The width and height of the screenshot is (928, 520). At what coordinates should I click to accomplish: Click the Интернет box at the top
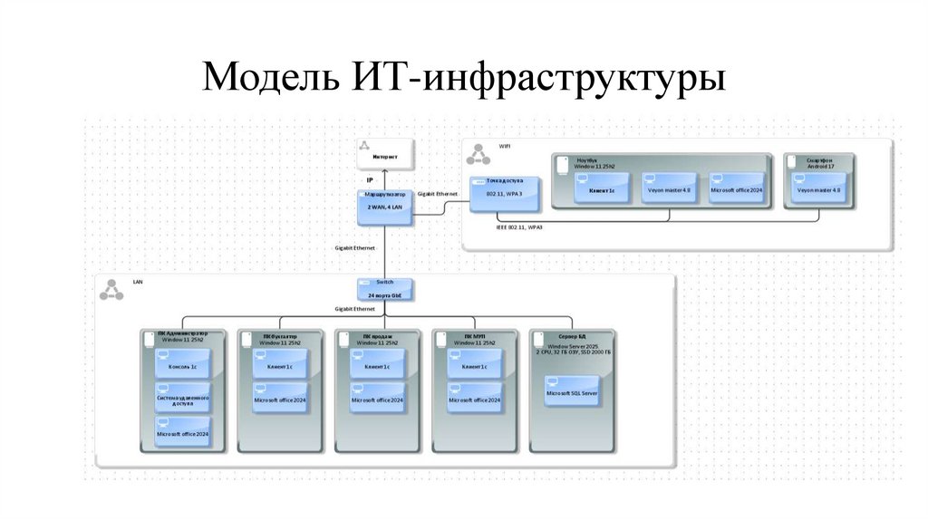pyautogui.click(x=384, y=155)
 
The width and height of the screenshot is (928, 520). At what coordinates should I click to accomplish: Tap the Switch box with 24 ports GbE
pyautogui.click(x=384, y=289)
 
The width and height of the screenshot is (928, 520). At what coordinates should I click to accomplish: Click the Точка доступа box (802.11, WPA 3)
pyautogui.click(x=505, y=192)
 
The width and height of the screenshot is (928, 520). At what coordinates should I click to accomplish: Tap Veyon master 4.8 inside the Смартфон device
pyautogui.click(x=818, y=189)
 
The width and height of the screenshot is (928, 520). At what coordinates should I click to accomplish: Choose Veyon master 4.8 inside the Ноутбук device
pyautogui.click(x=668, y=189)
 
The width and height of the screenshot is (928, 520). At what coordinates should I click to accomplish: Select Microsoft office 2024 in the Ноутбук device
pyautogui.click(x=736, y=189)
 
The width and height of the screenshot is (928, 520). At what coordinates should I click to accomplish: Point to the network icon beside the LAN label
pyautogui.click(x=111, y=291)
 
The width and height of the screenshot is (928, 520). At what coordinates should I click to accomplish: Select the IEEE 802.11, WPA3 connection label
pyautogui.click(x=519, y=227)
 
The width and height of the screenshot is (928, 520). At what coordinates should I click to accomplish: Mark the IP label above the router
pyautogui.click(x=370, y=180)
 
